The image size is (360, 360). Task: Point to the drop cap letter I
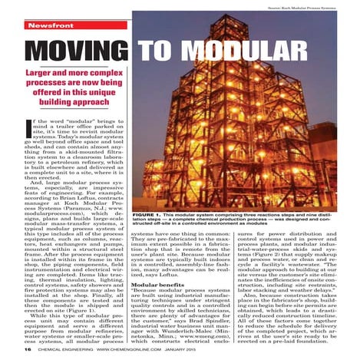tap(30, 124)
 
